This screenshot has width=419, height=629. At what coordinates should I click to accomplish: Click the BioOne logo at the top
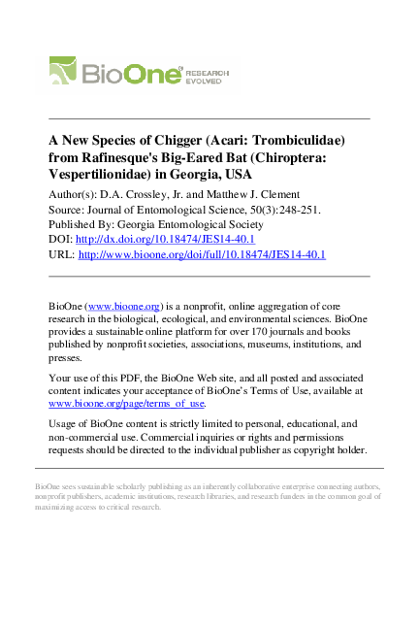(116, 74)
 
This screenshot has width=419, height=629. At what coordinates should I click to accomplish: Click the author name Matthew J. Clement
(255, 194)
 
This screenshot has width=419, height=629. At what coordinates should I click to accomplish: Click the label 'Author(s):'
(75, 194)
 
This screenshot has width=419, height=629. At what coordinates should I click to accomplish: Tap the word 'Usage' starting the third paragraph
(63, 424)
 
